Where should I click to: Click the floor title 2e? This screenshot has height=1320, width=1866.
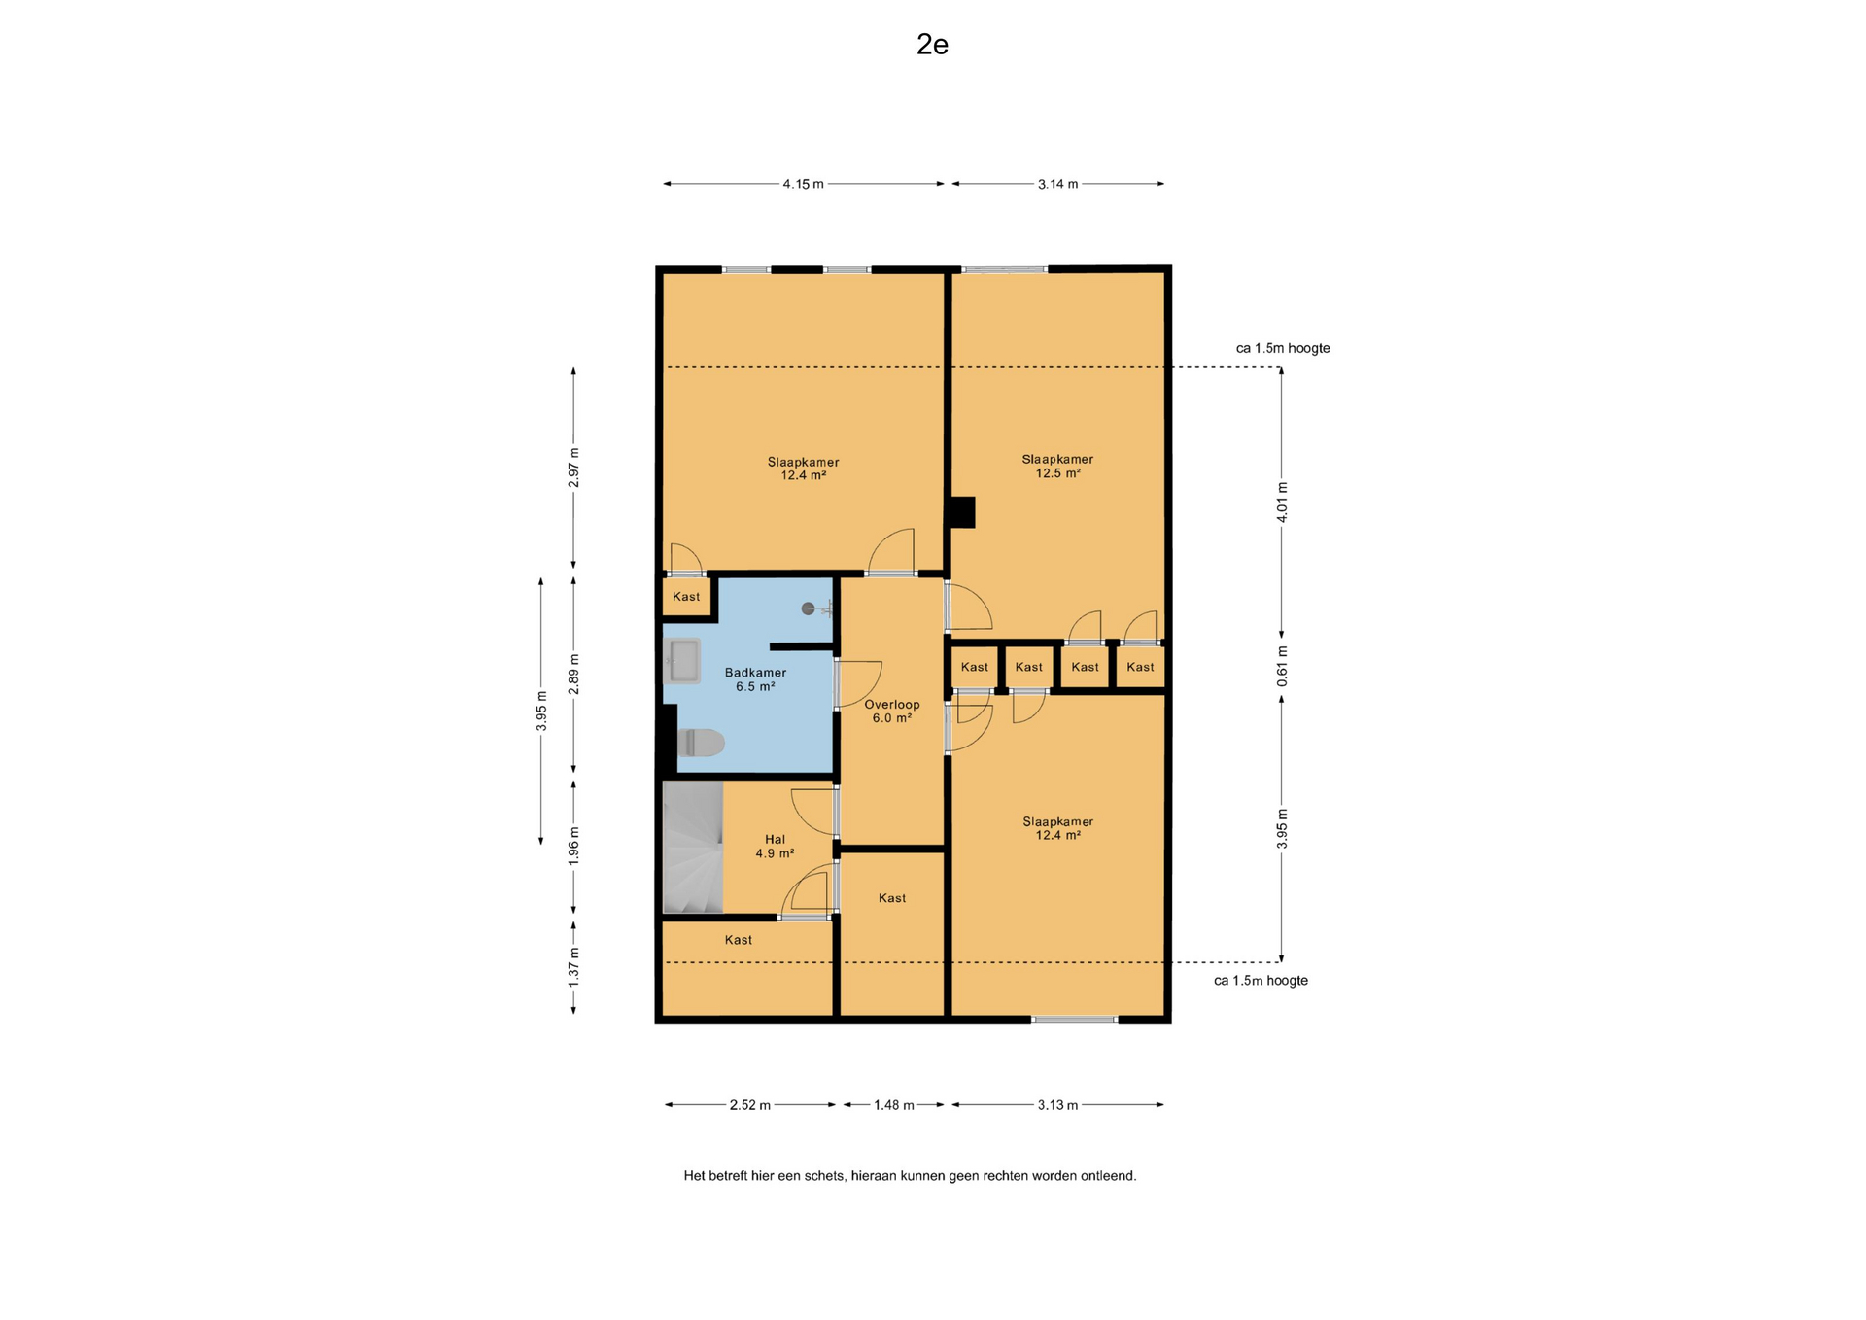pos(932,45)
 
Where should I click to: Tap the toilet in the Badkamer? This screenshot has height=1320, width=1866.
pos(701,743)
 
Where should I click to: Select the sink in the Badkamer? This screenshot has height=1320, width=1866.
pos(683,661)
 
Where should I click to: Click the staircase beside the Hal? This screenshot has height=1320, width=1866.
pos(693,848)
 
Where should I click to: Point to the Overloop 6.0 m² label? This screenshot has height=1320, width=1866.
pos(892,712)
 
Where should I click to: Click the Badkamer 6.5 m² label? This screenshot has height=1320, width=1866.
pos(755,679)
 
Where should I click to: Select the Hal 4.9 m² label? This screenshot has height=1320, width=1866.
pos(775,847)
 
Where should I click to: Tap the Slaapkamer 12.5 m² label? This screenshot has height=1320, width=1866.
pos(1057,467)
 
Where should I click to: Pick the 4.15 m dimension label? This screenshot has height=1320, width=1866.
pos(803,184)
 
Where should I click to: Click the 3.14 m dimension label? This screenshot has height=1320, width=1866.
pos(1057,184)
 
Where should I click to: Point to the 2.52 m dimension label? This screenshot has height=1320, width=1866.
pos(750,1105)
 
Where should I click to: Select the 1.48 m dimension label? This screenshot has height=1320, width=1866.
pos(893,1105)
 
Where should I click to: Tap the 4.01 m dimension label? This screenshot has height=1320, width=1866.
pos(1282,503)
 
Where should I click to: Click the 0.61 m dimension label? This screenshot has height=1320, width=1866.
pos(1282,667)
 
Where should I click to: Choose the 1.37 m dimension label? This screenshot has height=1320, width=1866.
pos(573,968)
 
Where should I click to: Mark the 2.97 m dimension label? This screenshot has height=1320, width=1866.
pos(573,468)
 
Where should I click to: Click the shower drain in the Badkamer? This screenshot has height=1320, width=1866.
pos(808,608)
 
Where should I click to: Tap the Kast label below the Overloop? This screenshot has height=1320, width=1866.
pos(892,898)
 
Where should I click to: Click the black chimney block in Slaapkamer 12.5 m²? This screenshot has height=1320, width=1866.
pos(962,512)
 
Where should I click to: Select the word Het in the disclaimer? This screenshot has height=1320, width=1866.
pos(695,1176)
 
